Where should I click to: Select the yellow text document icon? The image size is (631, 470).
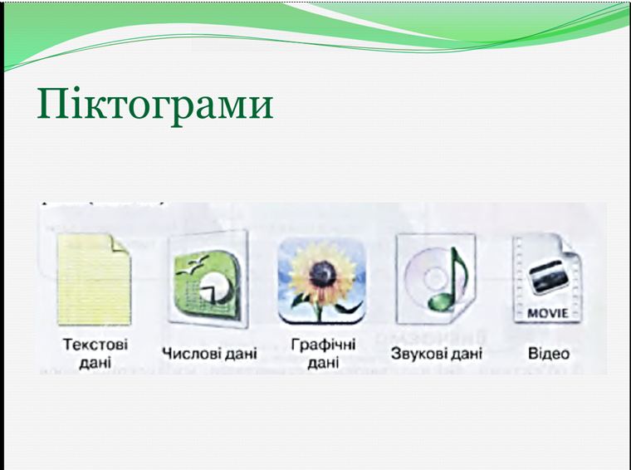point(94,279)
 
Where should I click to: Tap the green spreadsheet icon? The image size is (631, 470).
point(208,280)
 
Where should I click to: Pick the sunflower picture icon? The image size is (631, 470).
point(321,280)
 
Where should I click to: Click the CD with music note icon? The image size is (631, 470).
point(434,280)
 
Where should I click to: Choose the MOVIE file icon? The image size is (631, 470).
point(546,280)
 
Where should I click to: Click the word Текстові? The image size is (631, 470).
point(95,345)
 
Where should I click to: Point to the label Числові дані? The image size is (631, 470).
point(208,354)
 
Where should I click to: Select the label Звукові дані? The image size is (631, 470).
point(436,354)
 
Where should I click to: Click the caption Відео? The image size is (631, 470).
point(549,354)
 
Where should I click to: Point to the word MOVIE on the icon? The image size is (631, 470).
point(547,313)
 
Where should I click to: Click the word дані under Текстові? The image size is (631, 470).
point(95,363)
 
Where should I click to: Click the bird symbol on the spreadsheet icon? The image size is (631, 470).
point(193,264)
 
